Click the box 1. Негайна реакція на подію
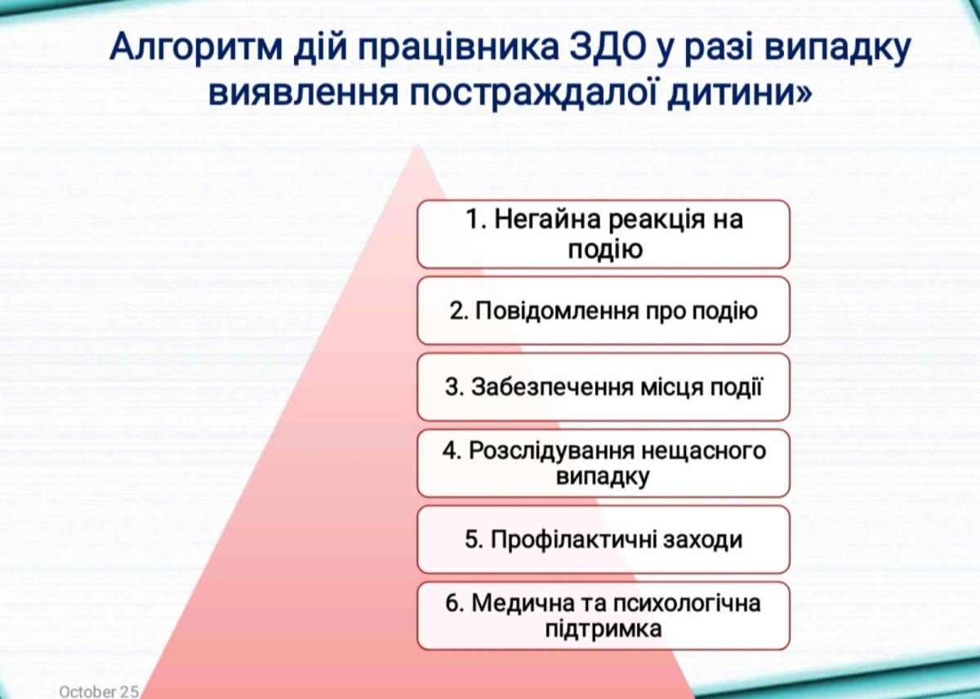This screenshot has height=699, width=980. (604, 234)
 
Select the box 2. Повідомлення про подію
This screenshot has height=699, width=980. (604, 310)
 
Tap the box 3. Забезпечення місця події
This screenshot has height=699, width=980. (604, 386)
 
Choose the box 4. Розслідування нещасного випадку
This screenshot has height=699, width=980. (604, 463)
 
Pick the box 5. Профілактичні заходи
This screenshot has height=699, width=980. (604, 540)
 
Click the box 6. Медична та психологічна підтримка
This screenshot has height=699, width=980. (604, 616)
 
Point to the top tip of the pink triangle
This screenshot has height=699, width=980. (418, 145)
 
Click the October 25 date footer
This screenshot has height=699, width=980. (99, 691)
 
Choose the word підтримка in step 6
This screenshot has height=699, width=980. (604, 630)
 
